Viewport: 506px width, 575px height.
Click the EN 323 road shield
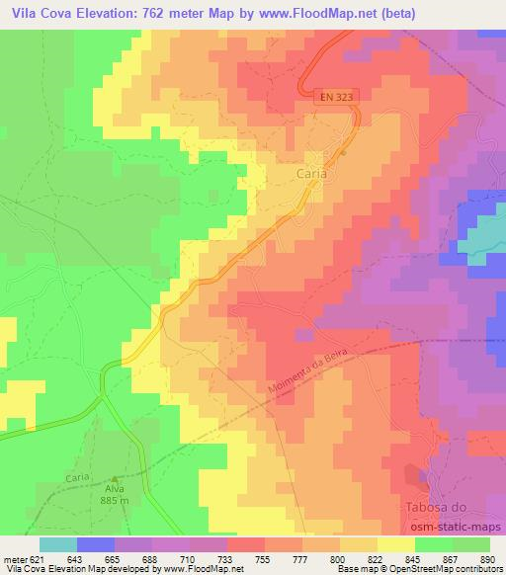(336, 98)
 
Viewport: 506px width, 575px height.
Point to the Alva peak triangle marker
(117, 476)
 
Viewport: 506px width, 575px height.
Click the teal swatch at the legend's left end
(58, 545)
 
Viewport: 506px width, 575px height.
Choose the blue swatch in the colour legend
(96, 545)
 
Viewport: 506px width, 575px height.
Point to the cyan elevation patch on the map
(482, 237)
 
